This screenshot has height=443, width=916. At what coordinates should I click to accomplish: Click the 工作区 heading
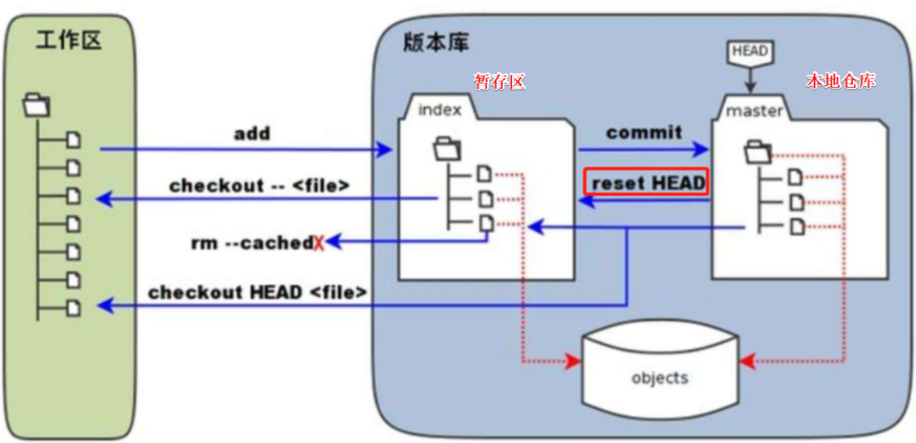[68, 41]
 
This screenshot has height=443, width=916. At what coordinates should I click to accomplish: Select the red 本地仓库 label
[841, 81]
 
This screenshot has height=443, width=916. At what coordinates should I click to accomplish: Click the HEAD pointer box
[749, 52]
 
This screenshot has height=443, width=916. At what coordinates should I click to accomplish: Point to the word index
[440, 110]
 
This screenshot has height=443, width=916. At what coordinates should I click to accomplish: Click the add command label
[252, 133]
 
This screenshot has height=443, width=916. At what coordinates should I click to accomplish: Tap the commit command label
[644, 132]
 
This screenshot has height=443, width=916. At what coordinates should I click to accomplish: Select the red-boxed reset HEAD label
[647, 183]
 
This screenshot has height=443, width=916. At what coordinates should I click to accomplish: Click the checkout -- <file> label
[260, 185]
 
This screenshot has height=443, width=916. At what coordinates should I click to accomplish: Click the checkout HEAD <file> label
[257, 292]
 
